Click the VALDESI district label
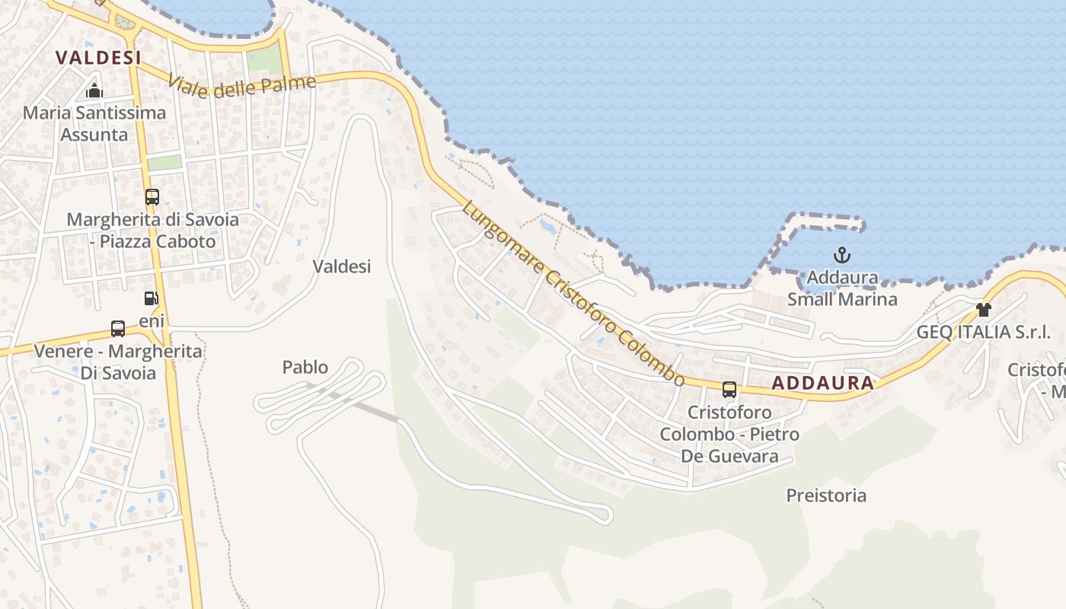pyautogui.click(x=99, y=58)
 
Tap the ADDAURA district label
pyautogui.click(x=822, y=383)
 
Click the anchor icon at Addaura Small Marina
pyautogui.click(x=842, y=255)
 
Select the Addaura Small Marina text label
pyautogui.click(x=842, y=289)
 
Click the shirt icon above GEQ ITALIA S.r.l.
pyautogui.click(x=984, y=310)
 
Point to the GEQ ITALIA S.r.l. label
pyautogui.click(x=983, y=332)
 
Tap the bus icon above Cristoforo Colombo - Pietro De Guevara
pyautogui.click(x=729, y=390)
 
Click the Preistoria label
pyautogui.click(x=826, y=496)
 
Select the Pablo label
pyautogui.click(x=305, y=367)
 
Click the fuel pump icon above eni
pyautogui.click(x=152, y=298)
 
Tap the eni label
pyautogui.click(x=152, y=321)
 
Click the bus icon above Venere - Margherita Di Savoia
pyautogui.click(x=118, y=329)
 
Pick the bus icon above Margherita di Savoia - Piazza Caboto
pyautogui.click(x=152, y=197)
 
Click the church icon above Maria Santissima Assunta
pyautogui.click(x=94, y=91)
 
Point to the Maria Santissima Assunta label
pyautogui.click(x=94, y=124)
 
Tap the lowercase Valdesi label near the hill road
pyautogui.click(x=342, y=266)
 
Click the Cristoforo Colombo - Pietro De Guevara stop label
pyautogui.click(x=729, y=434)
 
